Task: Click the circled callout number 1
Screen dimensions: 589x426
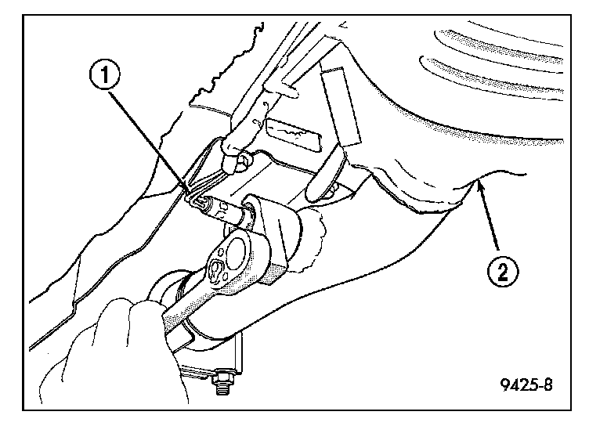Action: coord(105,75)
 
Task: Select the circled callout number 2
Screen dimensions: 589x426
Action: coord(503,271)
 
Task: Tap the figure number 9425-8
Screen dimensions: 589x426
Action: coord(526,384)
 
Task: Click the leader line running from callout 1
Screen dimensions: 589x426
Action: coord(149,139)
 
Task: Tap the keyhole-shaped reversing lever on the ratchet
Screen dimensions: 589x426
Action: coord(218,269)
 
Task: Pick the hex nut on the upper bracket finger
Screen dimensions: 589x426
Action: coord(245,162)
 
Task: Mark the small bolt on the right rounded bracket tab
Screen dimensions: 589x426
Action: coord(332,190)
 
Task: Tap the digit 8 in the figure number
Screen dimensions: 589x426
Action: coord(548,384)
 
